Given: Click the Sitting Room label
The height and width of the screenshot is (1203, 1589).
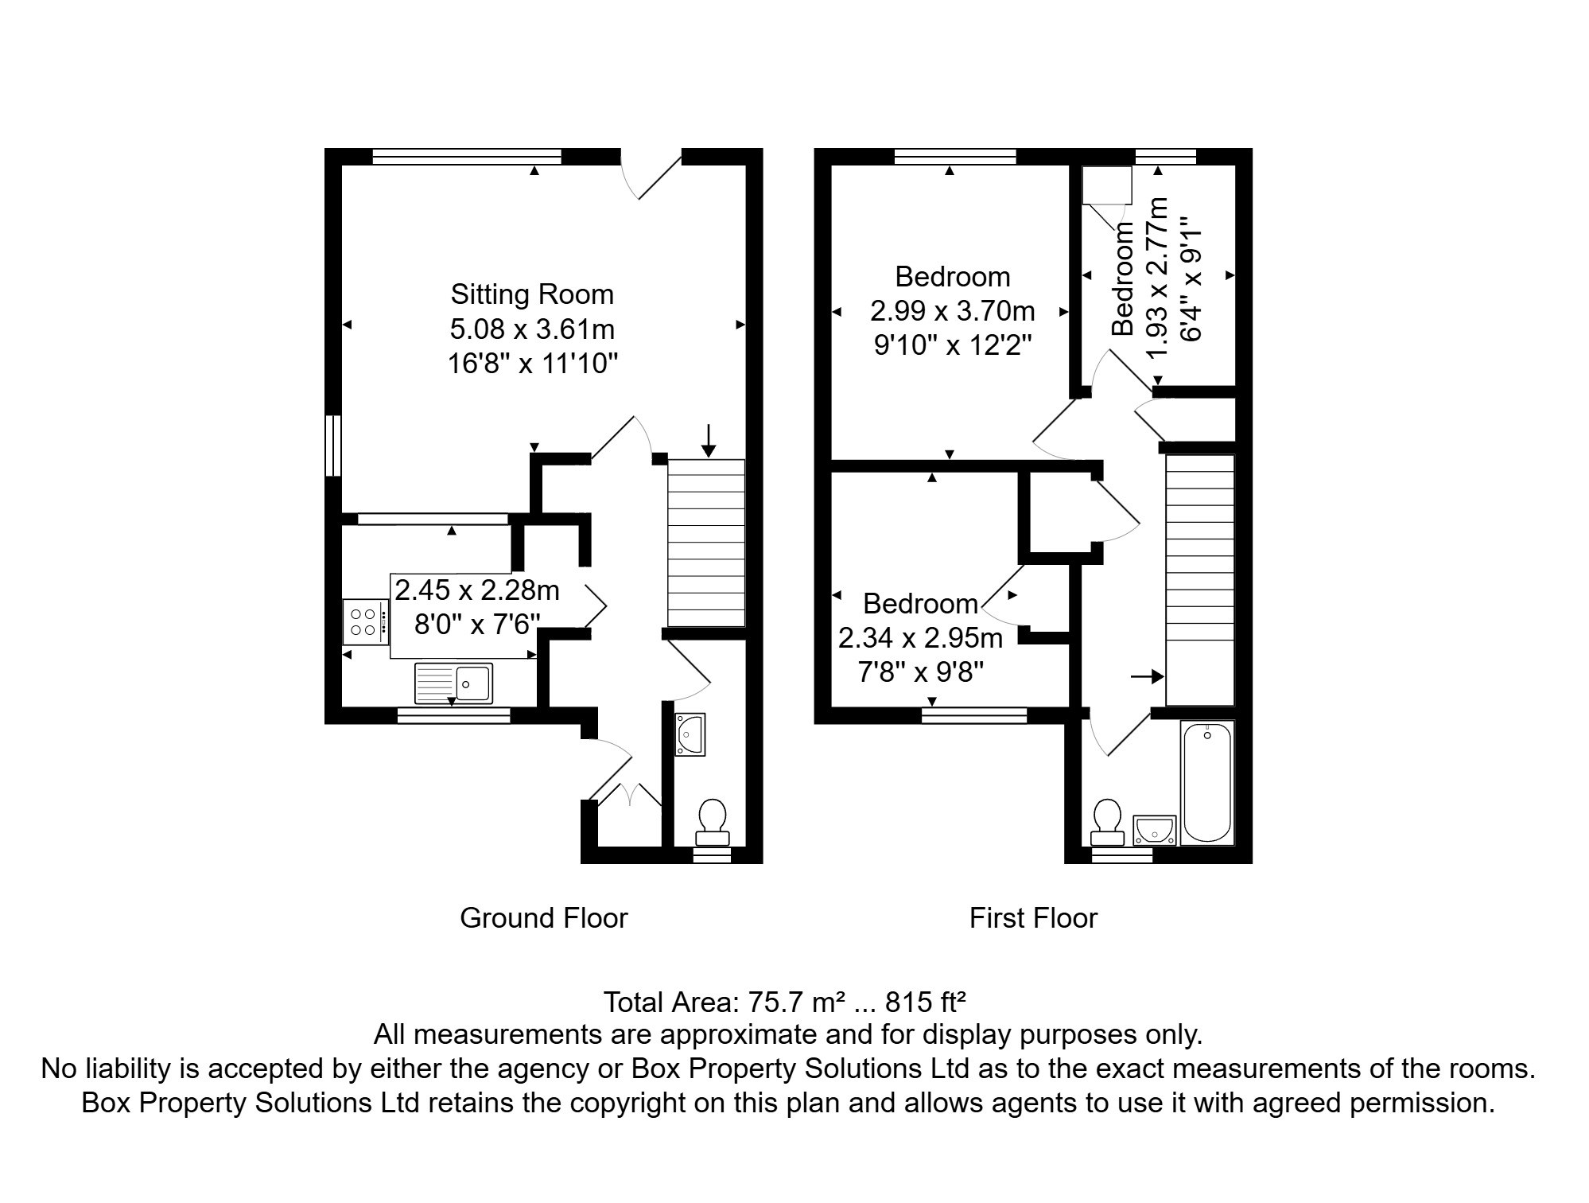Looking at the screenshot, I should tap(532, 294).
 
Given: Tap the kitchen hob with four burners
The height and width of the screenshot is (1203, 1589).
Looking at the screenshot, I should tap(366, 622).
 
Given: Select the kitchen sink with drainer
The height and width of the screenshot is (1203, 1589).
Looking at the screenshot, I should tap(453, 683).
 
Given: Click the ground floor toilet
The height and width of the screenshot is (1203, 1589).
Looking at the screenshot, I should tap(712, 822).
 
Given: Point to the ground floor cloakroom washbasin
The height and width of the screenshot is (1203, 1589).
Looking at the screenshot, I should tap(689, 734).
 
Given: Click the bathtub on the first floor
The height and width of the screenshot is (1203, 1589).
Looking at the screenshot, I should tap(1206, 782).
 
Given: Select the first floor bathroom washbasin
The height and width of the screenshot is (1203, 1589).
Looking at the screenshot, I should tap(1153, 830).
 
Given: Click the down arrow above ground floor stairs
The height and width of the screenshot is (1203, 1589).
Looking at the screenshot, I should tap(708, 441).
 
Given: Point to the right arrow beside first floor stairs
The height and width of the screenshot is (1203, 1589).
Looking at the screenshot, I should tap(1146, 677).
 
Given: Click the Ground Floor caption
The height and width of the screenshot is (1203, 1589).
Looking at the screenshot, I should tap(544, 918).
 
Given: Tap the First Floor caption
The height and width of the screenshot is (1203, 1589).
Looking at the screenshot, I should tap(1033, 918).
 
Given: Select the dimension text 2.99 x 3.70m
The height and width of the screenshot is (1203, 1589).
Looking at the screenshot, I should tap(952, 310).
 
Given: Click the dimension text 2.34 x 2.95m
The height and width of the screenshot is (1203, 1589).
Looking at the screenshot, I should tap(920, 638).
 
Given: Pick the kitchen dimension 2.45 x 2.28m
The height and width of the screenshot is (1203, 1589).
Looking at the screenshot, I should tap(477, 590).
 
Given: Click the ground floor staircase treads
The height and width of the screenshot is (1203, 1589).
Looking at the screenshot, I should tap(706, 543).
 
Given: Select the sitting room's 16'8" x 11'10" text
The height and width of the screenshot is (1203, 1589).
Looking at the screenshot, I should tap(532, 364).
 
